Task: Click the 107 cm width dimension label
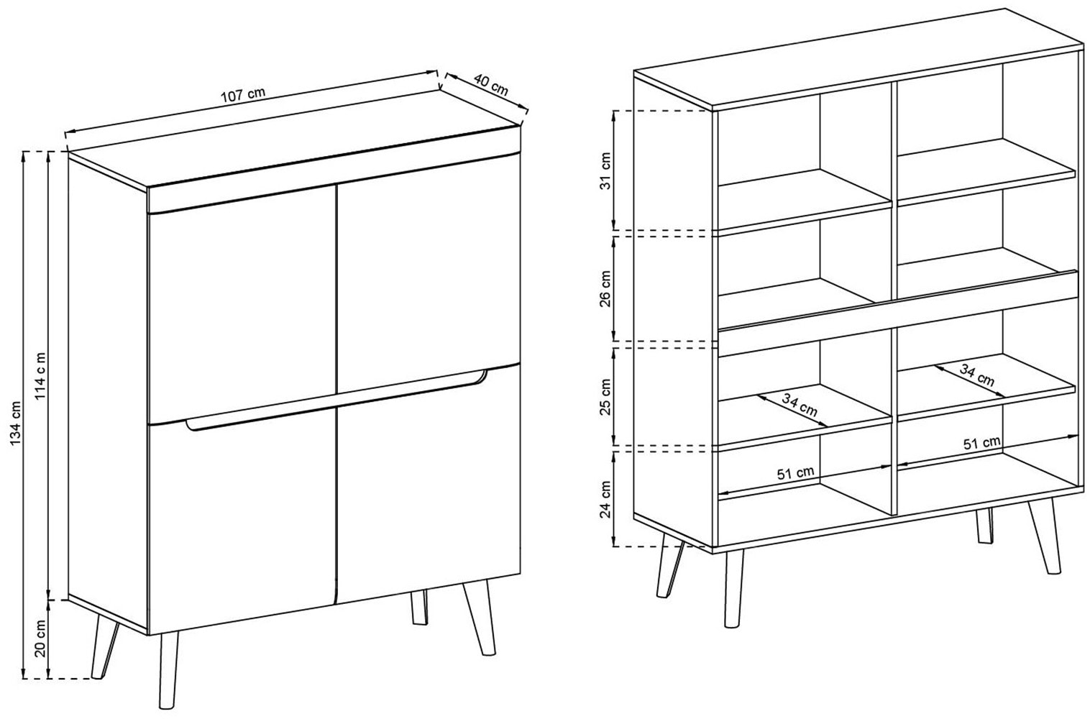point(243,94)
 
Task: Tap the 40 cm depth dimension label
point(491,85)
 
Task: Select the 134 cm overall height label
point(16,422)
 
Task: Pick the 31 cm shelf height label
point(605,170)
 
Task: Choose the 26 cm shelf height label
point(605,289)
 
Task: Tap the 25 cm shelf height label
point(605,396)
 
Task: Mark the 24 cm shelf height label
point(605,500)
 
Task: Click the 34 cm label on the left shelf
point(800,405)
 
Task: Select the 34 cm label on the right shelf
point(976,375)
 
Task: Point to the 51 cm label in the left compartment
point(795,472)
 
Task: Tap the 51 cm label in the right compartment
point(982,443)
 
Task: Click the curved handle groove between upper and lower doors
point(336,400)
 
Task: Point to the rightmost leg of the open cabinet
point(1045,536)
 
